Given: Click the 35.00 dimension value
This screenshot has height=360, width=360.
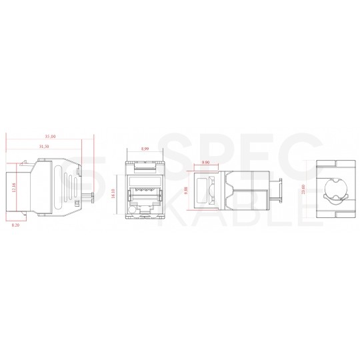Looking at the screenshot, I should [47, 136].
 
